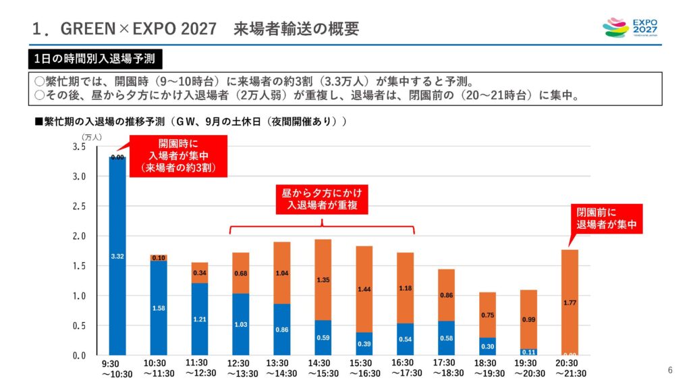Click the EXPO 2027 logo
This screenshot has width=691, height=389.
pos(629,28)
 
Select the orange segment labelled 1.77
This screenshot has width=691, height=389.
pos(570,302)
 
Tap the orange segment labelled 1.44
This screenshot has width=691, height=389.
pos(364,289)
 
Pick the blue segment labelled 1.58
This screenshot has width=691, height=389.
pos(159,308)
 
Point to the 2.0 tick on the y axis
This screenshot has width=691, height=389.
pos(79,236)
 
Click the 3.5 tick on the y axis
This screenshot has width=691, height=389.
pos(79,147)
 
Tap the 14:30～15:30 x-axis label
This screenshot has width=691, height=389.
pos(323,369)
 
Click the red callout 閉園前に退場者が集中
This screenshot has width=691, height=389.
pos(607,219)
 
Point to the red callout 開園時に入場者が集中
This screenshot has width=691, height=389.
pos(179,156)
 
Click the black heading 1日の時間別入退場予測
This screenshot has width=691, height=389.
pos(94,59)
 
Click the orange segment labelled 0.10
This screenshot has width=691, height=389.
pos(159,258)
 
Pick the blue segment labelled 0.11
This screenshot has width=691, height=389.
pos(528,352)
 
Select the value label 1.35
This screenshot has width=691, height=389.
pos(323,280)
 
